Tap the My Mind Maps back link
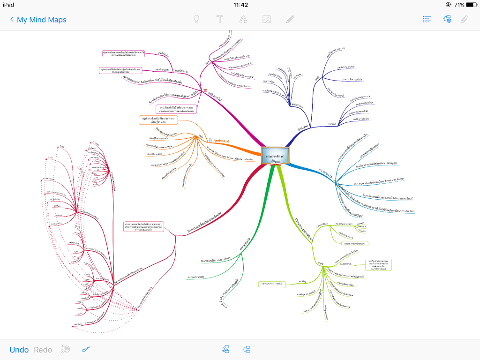[38, 20]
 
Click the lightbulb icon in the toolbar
[196, 20]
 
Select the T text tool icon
[219, 20]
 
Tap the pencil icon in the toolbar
[290, 20]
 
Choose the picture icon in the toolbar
[267, 20]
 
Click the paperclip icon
[464, 20]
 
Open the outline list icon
[427, 20]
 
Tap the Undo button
[19, 350]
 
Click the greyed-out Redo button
[43, 350]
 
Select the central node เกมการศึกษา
[276, 156]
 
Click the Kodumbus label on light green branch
[322, 226]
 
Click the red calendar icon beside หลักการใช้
[205, 91]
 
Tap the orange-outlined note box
[158, 120]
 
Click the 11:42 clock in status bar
[240, 5]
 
